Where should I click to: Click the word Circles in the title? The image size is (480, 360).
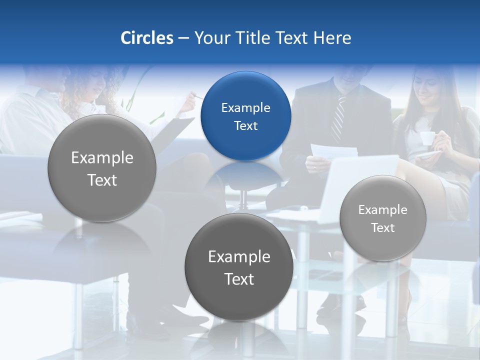(146, 38)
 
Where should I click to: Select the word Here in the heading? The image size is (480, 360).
(332, 38)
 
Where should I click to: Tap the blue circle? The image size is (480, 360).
(245, 116)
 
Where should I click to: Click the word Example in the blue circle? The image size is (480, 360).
(245, 107)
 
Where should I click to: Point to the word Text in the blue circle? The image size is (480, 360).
(245, 125)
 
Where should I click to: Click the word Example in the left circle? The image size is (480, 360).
(102, 157)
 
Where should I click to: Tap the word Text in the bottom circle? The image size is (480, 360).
(239, 279)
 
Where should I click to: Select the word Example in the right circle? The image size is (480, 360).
(382, 210)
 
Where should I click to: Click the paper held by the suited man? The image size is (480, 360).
(333, 151)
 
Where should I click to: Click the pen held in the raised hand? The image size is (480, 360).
(198, 96)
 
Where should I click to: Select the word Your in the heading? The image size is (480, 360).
(211, 38)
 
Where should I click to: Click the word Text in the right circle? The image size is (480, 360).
(382, 227)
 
